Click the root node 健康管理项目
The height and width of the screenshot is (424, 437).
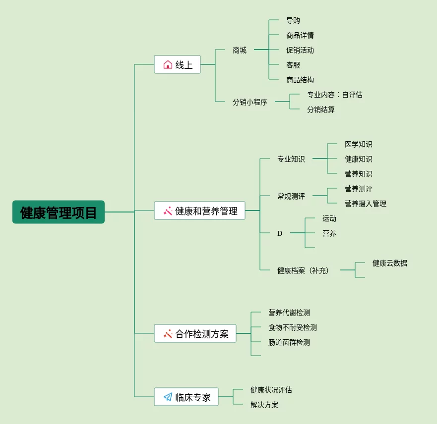click(59, 212)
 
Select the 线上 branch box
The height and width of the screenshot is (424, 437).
click(178, 64)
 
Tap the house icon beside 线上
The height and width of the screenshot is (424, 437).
click(168, 64)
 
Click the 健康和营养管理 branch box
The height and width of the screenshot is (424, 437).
click(199, 211)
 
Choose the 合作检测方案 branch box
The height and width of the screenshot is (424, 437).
click(195, 333)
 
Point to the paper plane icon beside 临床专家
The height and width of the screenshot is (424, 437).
click(168, 397)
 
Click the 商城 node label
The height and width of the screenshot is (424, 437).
click(240, 50)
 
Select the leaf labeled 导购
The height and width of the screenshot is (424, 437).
click(293, 20)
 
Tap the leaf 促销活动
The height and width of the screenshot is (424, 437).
click(300, 50)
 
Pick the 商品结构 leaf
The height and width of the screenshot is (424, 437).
click(300, 80)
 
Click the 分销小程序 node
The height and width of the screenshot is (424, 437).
click(250, 102)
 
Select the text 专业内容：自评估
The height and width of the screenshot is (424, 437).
click(334, 95)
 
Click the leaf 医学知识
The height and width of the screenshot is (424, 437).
click(359, 144)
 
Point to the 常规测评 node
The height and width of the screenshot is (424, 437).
click(291, 196)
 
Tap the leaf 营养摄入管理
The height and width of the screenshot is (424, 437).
click(366, 204)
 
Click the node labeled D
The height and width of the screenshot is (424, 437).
click(280, 233)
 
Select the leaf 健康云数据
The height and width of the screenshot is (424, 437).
click(390, 263)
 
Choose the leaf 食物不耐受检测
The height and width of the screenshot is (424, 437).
click(293, 327)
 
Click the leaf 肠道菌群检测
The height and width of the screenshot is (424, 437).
click(289, 342)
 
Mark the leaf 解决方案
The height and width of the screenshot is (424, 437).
click(264, 405)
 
